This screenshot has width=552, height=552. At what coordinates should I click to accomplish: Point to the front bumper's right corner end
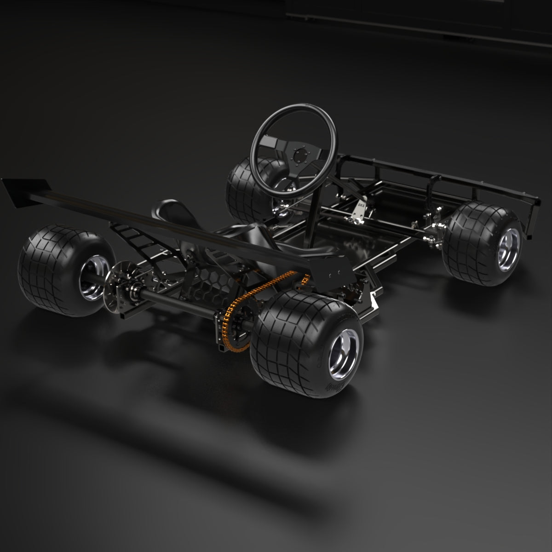click(534, 202)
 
